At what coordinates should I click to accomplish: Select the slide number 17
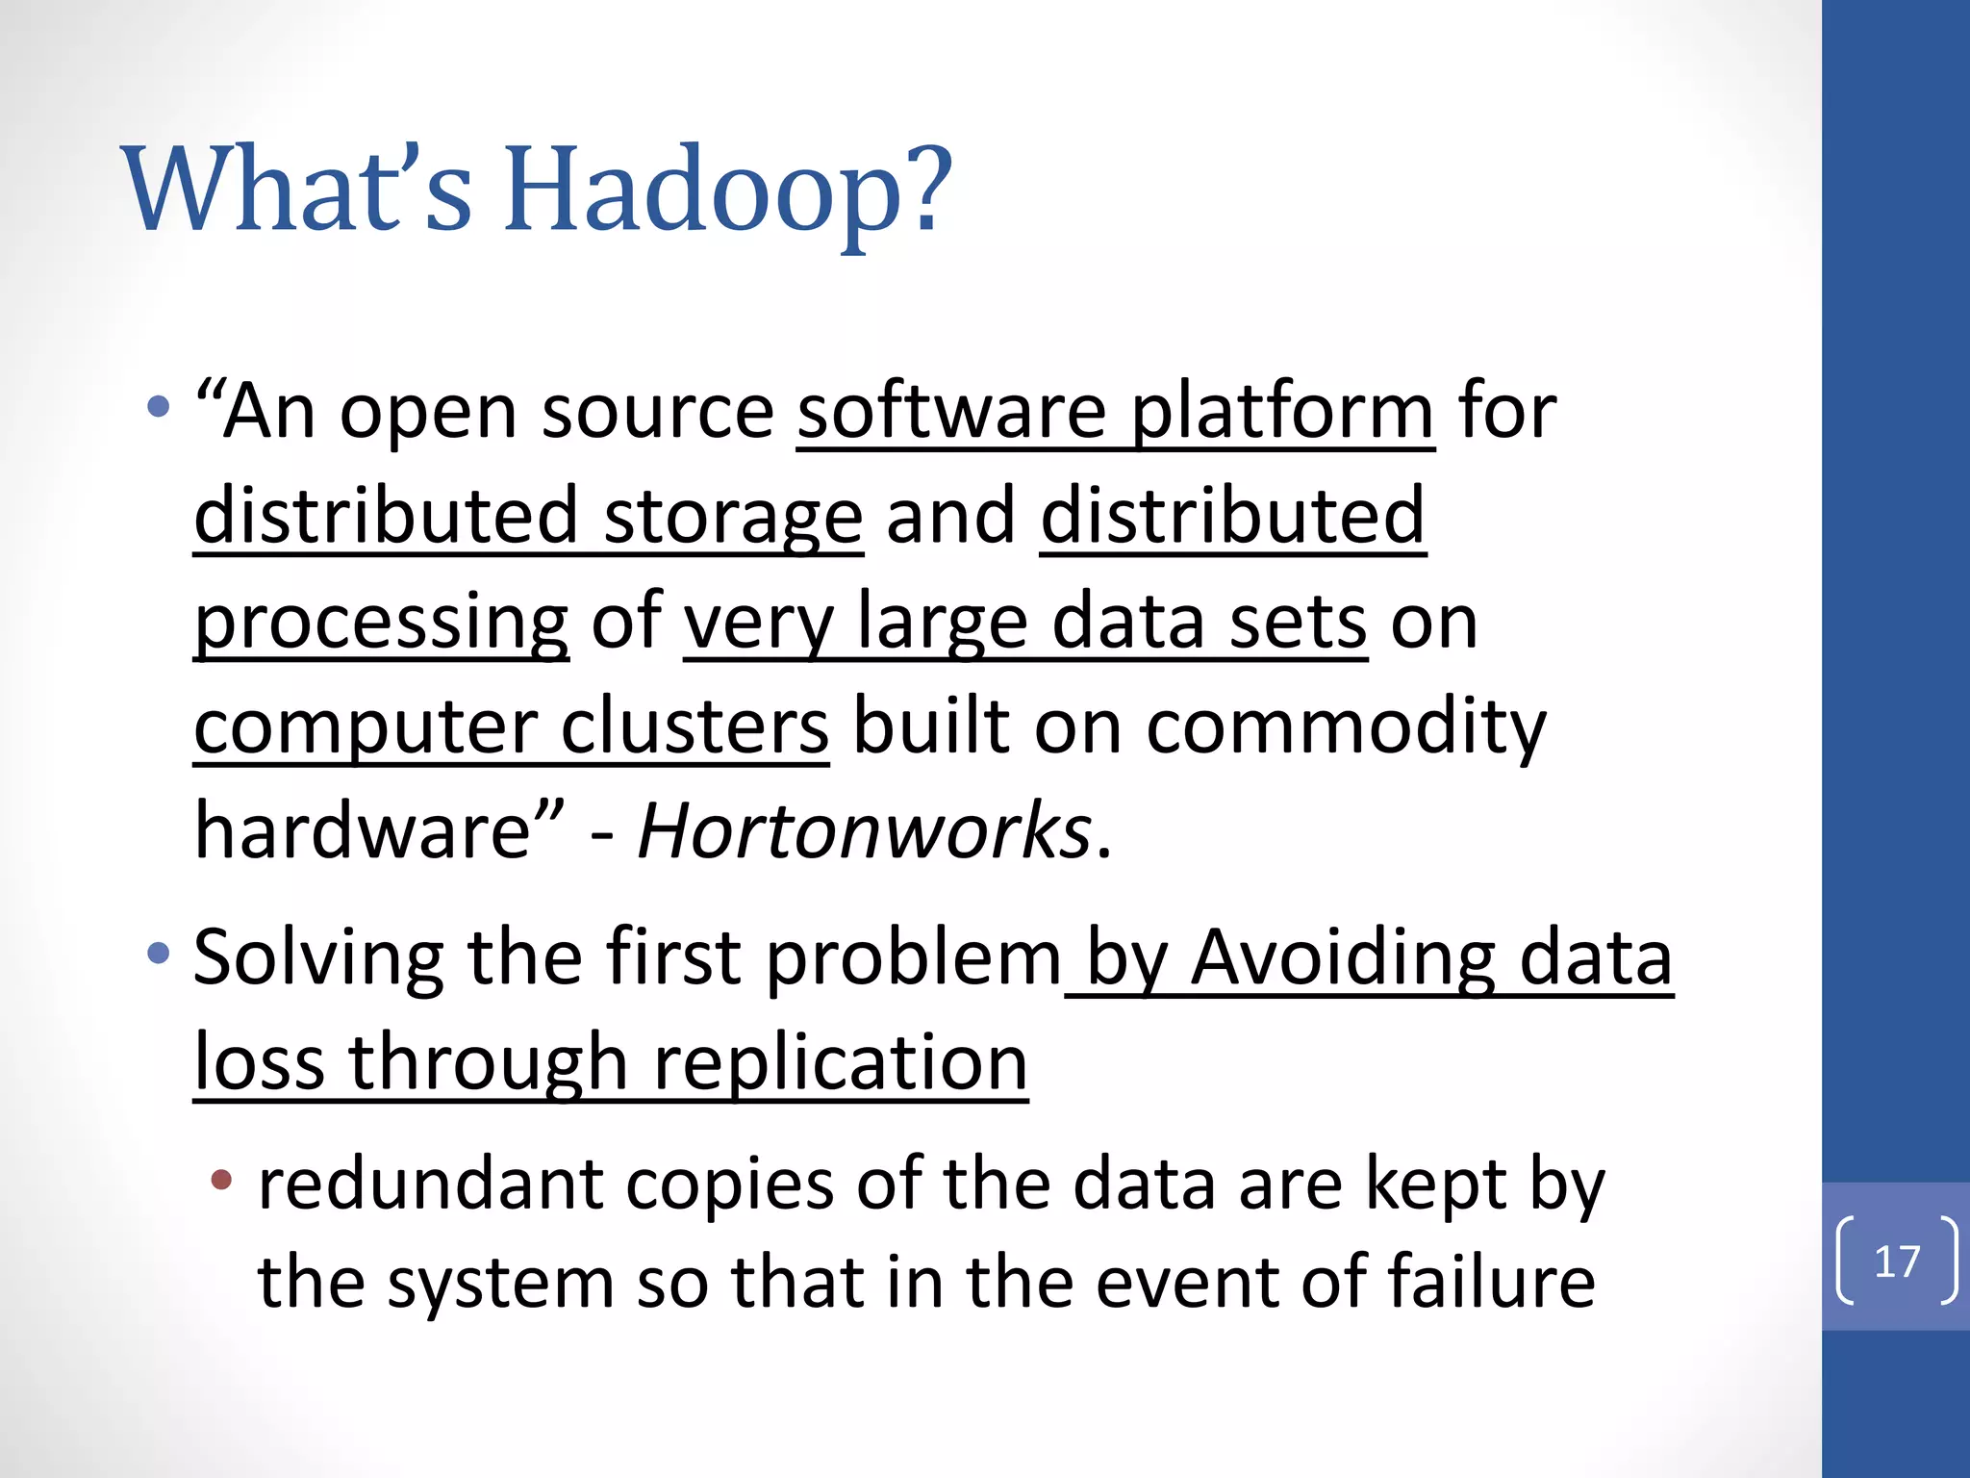tap(1897, 1261)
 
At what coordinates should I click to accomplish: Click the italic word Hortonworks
tap(864, 830)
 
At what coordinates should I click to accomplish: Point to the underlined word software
tap(951, 412)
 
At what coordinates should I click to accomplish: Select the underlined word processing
tap(381, 624)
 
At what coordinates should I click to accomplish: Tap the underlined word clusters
tap(695, 726)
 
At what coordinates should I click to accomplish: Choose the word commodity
tap(1346, 726)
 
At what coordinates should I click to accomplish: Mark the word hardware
tap(363, 830)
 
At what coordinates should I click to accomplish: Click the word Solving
tap(318, 958)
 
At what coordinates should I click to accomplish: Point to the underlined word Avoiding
tap(1343, 958)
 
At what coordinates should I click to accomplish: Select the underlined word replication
tap(840, 1062)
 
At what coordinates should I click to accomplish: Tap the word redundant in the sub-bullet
tap(430, 1185)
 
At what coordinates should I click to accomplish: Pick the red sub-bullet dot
tap(222, 1179)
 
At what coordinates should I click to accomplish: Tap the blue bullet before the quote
tap(159, 407)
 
